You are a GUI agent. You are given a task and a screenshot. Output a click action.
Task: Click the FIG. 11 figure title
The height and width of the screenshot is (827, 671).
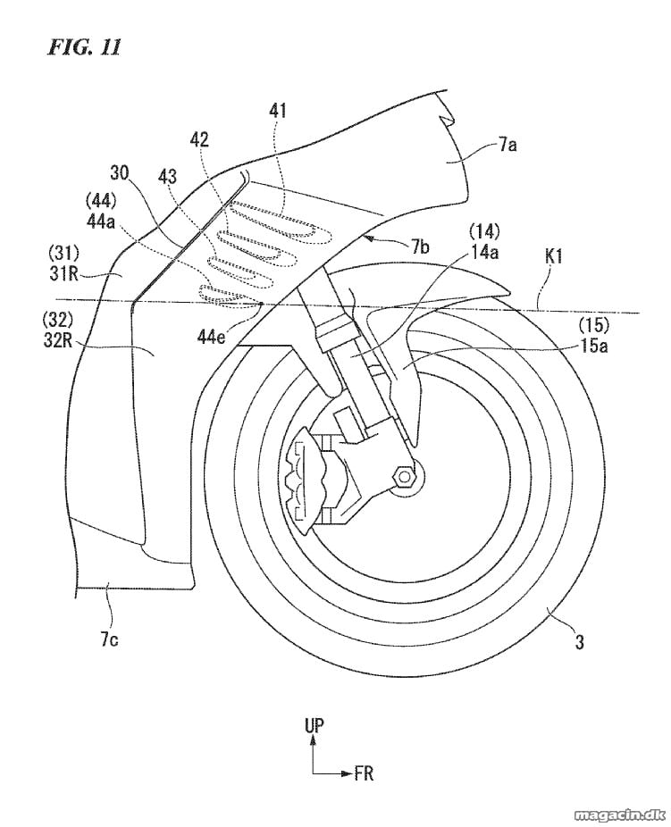pyautogui.click(x=84, y=47)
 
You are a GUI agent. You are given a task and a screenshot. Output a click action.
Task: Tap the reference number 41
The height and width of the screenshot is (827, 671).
pyautogui.click(x=277, y=111)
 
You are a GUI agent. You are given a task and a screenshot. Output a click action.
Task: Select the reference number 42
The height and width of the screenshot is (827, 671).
pyautogui.click(x=199, y=139)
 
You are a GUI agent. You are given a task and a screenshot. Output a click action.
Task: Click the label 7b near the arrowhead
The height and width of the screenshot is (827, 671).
pyautogui.click(x=421, y=246)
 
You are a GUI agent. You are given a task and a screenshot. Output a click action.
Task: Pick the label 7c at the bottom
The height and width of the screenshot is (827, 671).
pyautogui.click(x=110, y=639)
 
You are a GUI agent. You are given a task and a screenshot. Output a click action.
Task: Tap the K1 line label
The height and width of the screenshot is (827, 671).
pyautogui.click(x=551, y=257)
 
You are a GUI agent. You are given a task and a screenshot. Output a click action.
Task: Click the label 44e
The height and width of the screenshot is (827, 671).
pyautogui.click(x=212, y=335)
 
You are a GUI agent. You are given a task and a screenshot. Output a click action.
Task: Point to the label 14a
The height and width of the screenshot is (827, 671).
pyautogui.click(x=484, y=252)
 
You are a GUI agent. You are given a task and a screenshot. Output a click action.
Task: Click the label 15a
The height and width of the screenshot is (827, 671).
pyautogui.click(x=594, y=346)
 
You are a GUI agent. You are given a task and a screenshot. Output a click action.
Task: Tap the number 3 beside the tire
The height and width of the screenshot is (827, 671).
pyautogui.click(x=579, y=642)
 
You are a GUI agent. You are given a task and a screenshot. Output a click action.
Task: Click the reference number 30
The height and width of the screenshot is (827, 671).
pyautogui.click(x=119, y=172)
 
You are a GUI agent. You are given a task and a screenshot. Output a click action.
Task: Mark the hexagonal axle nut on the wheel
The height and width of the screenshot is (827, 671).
pyautogui.click(x=405, y=477)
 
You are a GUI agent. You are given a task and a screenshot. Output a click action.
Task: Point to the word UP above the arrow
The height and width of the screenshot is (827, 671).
pyautogui.click(x=314, y=726)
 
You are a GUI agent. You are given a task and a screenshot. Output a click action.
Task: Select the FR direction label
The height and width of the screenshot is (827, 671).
pyautogui.click(x=364, y=773)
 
